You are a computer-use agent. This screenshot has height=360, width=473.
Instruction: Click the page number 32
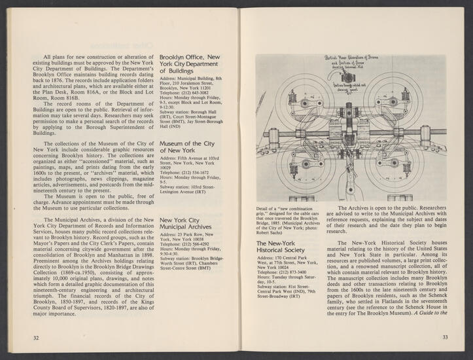point(37,338)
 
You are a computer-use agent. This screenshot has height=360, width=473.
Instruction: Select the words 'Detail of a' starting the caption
point(269,209)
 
